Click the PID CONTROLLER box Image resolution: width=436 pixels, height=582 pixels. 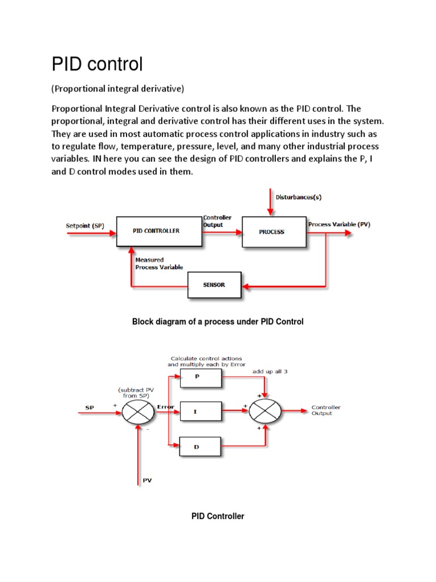159,231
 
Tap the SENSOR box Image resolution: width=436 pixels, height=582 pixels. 214,285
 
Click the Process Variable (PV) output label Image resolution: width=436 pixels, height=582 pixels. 339,225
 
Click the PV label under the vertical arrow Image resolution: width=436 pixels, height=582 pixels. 147,480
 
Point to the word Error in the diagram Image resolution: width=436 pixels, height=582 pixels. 165,407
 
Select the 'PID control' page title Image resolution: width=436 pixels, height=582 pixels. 97,64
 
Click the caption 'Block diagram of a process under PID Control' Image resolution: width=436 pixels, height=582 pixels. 217,322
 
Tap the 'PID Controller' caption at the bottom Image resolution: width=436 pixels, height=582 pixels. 217,516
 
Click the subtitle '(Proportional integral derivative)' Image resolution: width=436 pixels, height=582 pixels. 118,89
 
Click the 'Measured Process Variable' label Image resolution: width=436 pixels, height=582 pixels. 159,263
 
